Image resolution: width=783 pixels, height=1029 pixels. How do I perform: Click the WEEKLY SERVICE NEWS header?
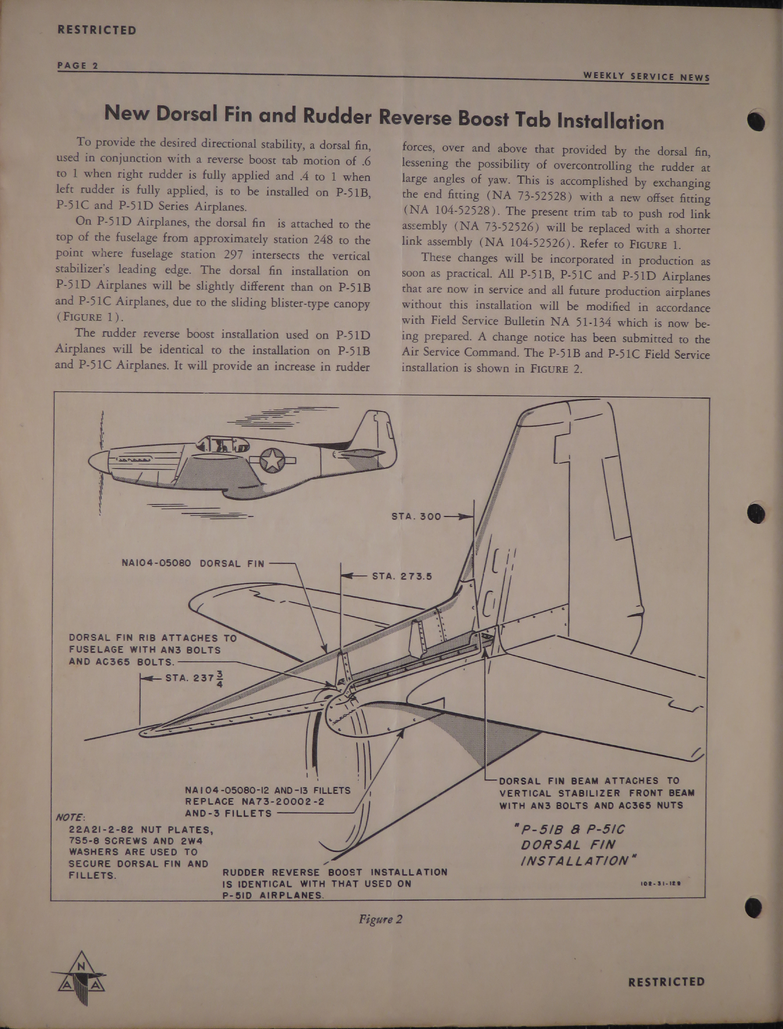click(647, 77)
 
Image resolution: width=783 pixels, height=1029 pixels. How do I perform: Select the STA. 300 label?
click(416, 516)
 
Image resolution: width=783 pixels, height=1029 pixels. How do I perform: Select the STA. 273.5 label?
click(402, 576)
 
